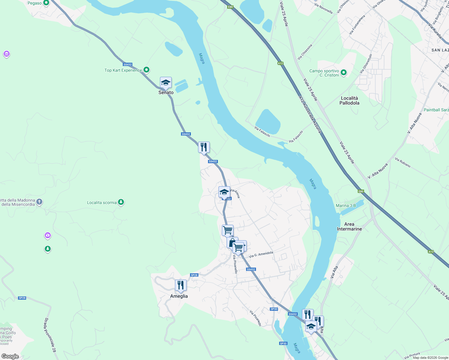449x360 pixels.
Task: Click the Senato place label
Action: coord(166,93)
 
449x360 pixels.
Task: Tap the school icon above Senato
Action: coord(166,82)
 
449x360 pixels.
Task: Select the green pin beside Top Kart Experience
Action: coord(146,70)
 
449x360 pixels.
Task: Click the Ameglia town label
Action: coord(179,296)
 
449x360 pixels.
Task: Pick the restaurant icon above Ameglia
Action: coord(181,285)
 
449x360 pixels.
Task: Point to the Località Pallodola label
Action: coord(349,100)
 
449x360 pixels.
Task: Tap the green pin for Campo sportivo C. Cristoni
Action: coord(344,73)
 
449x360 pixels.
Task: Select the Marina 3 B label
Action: coord(346,205)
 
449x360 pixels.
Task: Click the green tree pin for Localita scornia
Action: coord(121,202)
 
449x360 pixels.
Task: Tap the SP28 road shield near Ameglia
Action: coord(194,275)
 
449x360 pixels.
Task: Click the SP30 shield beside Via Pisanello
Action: coord(274,309)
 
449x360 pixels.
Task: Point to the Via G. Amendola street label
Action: coord(261,254)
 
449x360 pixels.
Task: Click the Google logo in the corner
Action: coord(10,356)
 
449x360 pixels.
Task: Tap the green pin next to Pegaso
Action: coord(46,3)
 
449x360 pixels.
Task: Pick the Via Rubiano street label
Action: coord(403,162)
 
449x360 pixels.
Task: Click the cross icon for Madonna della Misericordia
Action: coord(40,202)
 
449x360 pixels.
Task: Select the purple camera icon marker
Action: coord(48,235)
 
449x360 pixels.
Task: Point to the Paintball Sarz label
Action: coord(436,110)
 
